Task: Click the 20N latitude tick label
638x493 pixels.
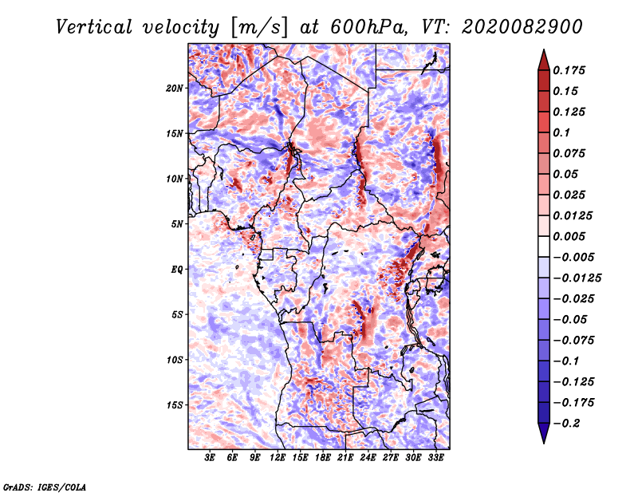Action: coord(174,89)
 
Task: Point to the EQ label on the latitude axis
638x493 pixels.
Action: coord(177,270)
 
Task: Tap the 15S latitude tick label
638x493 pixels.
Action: coord(174,405)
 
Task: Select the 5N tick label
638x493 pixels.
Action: coord(177,224)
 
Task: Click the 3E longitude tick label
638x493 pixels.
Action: coord(210,458)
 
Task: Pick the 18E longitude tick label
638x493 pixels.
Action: coord(323,458)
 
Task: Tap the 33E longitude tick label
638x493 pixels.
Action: coord(435,458)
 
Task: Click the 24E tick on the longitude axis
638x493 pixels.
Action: coord(368,458)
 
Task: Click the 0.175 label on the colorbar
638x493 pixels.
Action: coord(569,70)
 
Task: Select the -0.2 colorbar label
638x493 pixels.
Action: coord(566,424)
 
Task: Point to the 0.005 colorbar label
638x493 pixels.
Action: coord(569,236)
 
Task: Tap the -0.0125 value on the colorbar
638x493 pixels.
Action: coord(577,278)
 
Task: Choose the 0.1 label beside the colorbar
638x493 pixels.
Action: coord(561,132)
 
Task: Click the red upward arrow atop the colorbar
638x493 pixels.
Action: coord(544,61)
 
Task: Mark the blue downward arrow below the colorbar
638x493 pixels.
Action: coord(544,432)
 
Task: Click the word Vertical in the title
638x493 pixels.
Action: coord(94,27)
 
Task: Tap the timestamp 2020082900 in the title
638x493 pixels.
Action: coord(522,27)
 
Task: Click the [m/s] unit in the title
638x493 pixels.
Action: coord(260,27)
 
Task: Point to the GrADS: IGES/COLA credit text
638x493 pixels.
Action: coord(45,487)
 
